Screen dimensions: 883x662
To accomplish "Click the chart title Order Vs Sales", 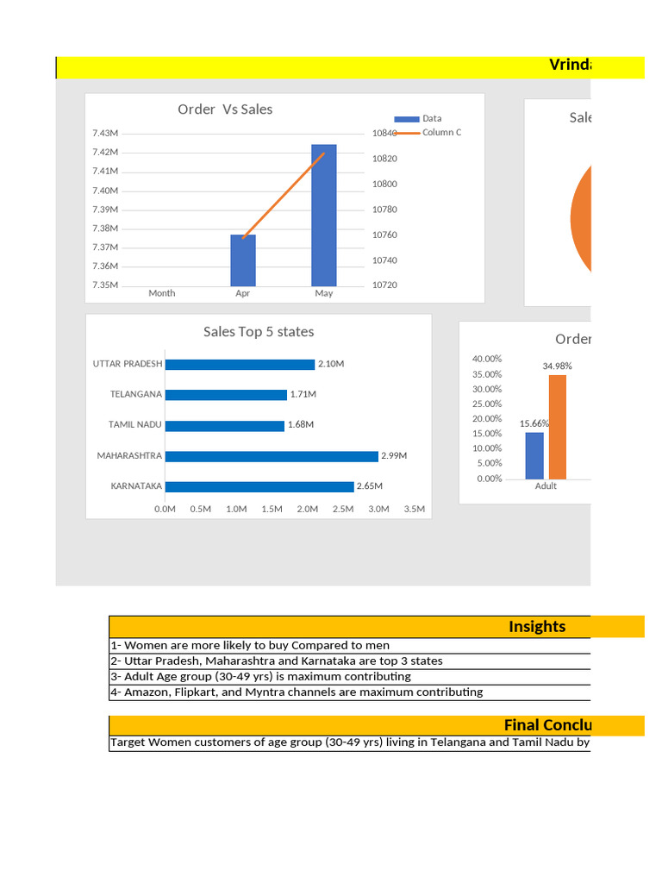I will click(225, 110).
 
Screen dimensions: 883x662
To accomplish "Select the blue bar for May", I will click(324, 216).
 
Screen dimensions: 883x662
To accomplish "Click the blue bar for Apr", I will click(243, 260).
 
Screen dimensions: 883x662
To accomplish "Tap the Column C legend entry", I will click(440, 133).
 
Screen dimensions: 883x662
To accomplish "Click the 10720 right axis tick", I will click(384, 285).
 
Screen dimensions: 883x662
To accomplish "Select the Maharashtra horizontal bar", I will click(272, 455).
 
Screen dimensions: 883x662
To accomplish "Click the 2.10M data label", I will click(331, 364).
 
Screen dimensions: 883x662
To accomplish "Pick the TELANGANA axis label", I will click(135, 394).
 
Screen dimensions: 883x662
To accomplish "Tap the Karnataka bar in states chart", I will click(259, 486).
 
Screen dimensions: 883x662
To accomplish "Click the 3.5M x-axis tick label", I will click(414, 509).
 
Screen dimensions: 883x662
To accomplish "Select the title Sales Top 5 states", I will click(259, 332).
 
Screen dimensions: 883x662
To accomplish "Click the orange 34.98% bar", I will click(558, 427).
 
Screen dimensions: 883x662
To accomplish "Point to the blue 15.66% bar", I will click(534, 455).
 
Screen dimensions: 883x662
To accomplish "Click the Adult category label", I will click(546, 486).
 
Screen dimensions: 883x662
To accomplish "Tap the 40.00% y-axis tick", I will click(487, 359).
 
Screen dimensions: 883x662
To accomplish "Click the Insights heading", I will click(537, 627).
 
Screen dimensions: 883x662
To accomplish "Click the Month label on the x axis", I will click(161, 293).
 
